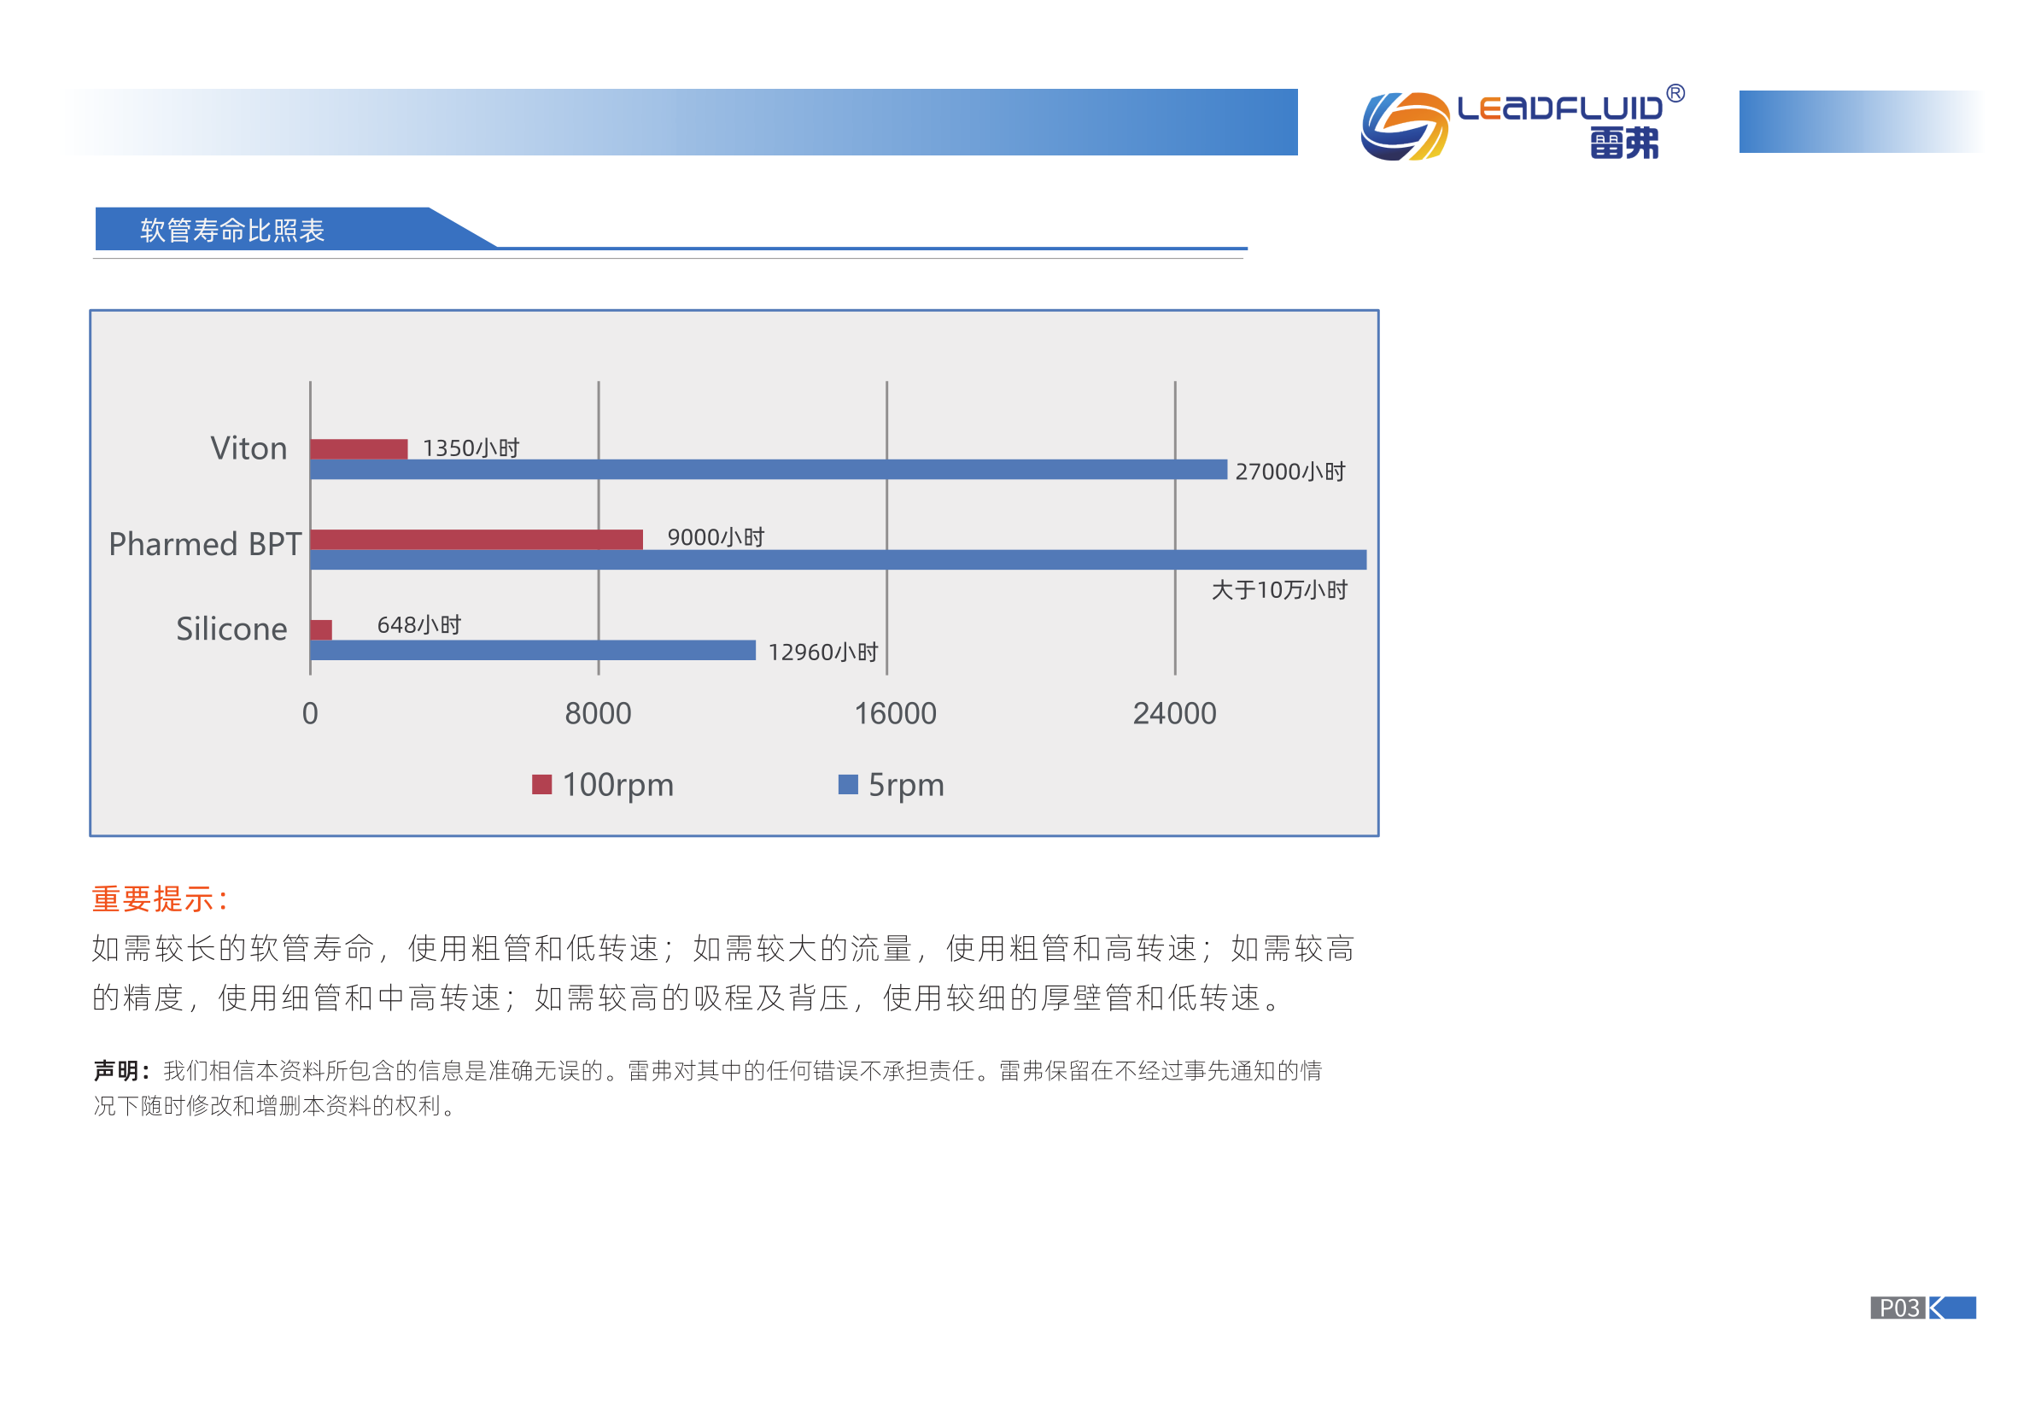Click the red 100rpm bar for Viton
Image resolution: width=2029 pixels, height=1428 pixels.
coord(359,449)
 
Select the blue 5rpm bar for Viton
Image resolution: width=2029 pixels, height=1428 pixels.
coord(769,469)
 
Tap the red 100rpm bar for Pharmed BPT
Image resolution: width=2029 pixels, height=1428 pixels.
coord(477,539)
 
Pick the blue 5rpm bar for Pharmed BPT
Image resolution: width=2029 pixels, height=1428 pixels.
coord(838,559)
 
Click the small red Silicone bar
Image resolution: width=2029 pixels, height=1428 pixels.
coord(322,629)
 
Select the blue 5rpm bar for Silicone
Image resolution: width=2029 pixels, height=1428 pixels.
coord(533,651)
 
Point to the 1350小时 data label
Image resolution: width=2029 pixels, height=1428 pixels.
coord(471,448)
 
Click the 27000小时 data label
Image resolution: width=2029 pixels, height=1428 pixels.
coord(1290,472)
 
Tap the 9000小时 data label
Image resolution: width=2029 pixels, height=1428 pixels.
coord(716,537)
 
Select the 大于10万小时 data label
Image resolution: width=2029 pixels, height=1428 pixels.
coord(1279,590)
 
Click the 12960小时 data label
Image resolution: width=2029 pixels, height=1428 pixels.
coord(822,653)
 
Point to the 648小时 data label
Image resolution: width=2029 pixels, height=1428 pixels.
coord(419,625)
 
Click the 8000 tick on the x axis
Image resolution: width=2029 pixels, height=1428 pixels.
coord(599,713)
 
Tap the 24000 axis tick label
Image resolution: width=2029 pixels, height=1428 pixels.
coord(1174,713)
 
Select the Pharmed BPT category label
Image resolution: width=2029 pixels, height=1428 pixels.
coord(205,544)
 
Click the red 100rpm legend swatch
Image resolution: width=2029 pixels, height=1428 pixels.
coord(541,784)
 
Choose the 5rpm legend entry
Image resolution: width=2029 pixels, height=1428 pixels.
coord(891,785)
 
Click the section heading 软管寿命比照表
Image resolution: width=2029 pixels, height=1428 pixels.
coord(232,231)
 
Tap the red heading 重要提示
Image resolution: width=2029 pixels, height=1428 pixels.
coord(159,899)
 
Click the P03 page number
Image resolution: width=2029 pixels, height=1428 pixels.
coord(1898,1308)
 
